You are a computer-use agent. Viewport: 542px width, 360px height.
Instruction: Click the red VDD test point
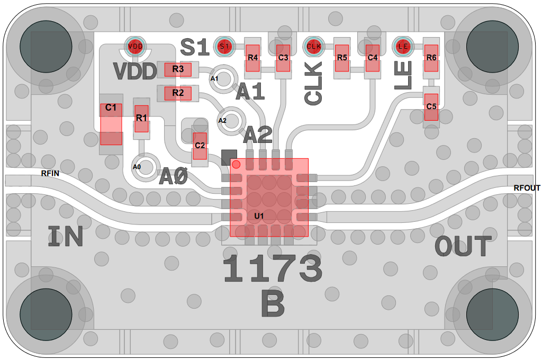(x=135, y=47)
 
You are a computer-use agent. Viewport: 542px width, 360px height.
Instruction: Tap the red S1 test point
(x=224, y=47)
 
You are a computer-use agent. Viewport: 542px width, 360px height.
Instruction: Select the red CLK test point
(x=314, y=47)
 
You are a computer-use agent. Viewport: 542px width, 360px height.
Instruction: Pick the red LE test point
(x=403, y=47)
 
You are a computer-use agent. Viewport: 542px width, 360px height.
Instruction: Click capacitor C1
(x=111, y=124)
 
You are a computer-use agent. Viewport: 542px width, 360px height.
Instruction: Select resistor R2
(x=178, y=94)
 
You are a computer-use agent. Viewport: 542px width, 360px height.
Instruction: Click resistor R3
(x=178, y=69)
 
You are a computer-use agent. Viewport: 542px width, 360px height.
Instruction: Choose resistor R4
(x=252, y=58)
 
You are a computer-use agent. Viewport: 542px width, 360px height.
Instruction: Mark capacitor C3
(x=283, y=58)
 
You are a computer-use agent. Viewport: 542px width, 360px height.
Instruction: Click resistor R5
(x=342, y=58)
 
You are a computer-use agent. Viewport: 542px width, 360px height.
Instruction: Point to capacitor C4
(x=373, y=58)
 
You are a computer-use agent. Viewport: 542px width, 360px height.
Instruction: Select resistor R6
(x=431, y=58)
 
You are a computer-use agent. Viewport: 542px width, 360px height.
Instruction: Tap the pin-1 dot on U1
(x=236, y=165)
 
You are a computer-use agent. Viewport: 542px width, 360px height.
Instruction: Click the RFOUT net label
(x=527, y=188)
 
